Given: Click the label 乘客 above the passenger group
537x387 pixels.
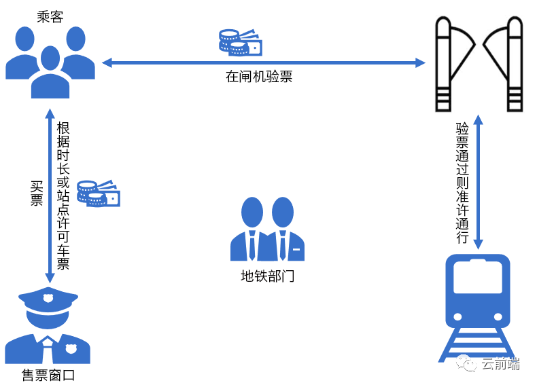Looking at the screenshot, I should click(50, 17).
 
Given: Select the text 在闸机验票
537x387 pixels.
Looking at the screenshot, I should click(259, 77).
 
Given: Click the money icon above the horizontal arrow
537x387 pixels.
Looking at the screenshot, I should click(240, 42).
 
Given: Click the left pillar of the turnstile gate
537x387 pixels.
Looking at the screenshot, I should click(443, 64).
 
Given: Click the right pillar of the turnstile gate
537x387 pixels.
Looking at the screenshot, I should click(515, 64).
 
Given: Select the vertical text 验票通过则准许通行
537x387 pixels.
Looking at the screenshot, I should click(462, 183).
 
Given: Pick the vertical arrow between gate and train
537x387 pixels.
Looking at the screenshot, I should click(478, 182).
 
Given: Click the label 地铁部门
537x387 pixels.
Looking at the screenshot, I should click(268, 277).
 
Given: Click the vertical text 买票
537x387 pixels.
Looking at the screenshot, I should click(37, 193).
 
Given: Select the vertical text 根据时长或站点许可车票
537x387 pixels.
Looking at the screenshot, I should click(63, 196).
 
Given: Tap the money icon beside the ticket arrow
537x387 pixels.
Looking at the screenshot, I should click(98, 193).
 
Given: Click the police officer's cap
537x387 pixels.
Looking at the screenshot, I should click(48, 299).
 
